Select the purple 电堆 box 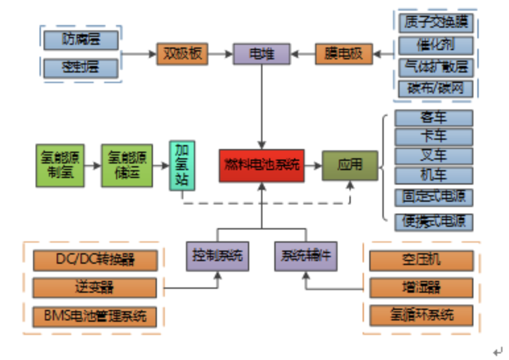pyautogui.click(x=261, y=53)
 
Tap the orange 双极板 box pyautogui.click(x=182, y=53)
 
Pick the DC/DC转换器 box pyautogui.click(x=95, y=260)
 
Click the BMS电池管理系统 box pyautogui.click(x=95, y=316)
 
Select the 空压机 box pyautogui.click(x=421, y=260)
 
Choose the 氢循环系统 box pyautogui.click(x=421, y=315)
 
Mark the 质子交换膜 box pyautogui.click(x=435, y=23)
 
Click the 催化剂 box pyautogui.click(x=435, y=45)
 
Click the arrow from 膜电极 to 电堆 pyautogui.click(x=303, y=53)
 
